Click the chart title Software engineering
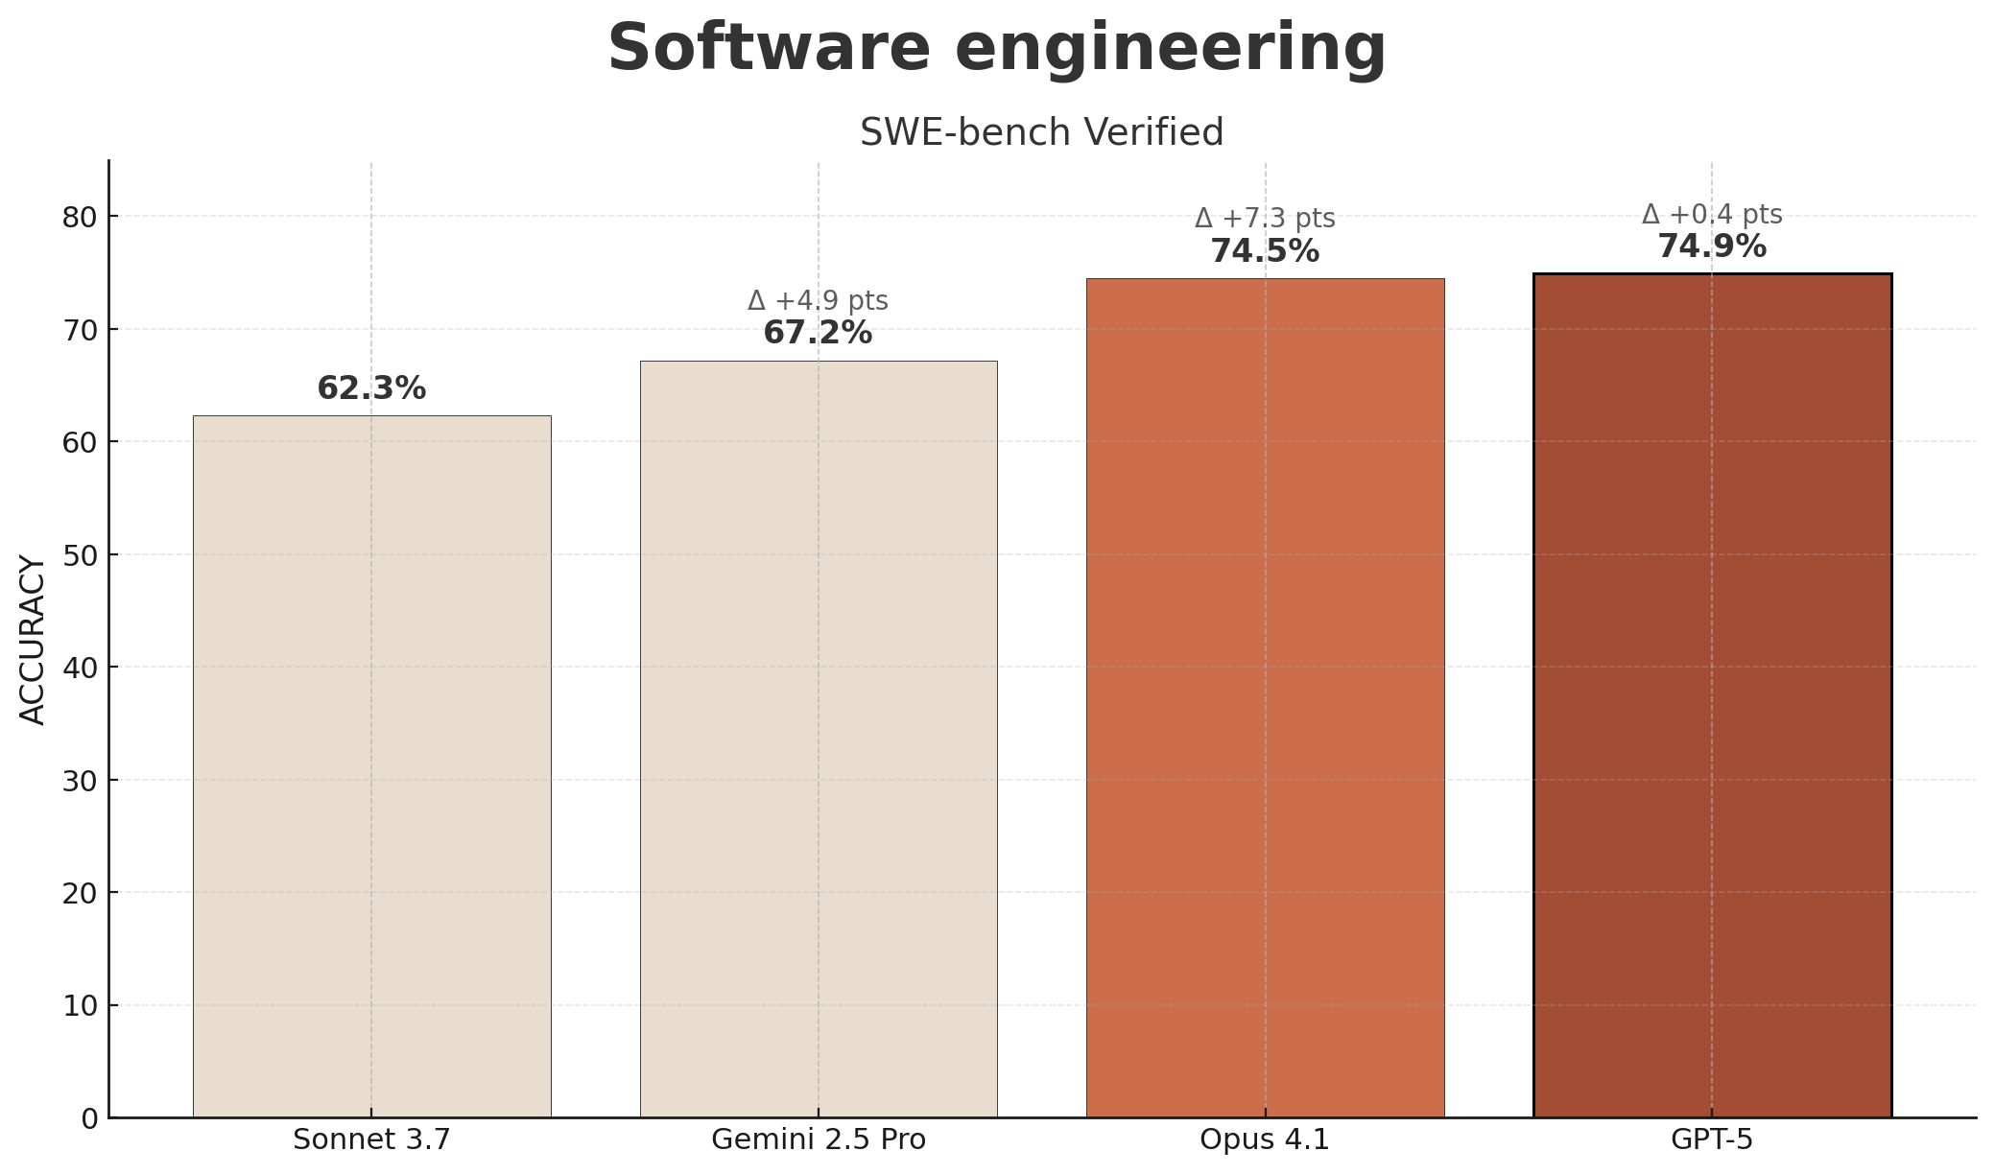(x=997, y=48)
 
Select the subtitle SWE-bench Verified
(x=1041, y=132)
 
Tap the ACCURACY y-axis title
(x=33, y=640)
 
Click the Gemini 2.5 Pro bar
(x=818, y=739)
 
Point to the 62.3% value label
(x=371, y=388)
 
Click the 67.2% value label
(x=818, y=333)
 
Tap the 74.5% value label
(x=1265, y=251)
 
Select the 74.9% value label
(x=1711, y=247)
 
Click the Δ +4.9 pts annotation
(x=818, y=301)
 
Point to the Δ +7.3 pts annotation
(x=1265, y=219)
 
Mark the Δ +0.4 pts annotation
(x=1711, y=215)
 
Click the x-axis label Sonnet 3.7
(x=371, y=1139)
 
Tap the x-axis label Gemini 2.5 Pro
(x=818, y=1139)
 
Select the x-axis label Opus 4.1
(x=1265, y=1139)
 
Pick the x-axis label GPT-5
(x=1711, y=1139)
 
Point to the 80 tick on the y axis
(x=80, y=218)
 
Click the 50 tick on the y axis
(x=80, y=555)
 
